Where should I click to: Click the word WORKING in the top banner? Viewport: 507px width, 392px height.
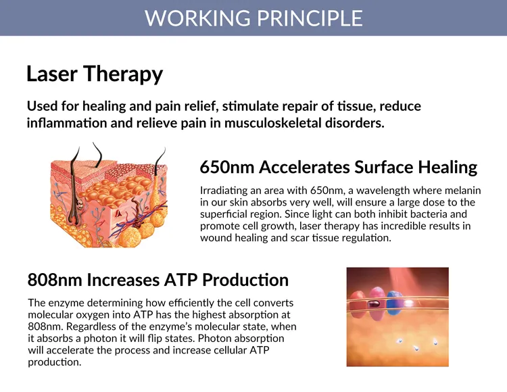pos(197,18)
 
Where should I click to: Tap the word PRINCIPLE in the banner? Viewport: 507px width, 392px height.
pos(310,18)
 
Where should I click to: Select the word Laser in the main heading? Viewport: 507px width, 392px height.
pos(52,74)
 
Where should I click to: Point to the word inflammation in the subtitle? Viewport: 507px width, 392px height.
pos(67,123)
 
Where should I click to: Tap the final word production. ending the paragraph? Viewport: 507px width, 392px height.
pos(55,362)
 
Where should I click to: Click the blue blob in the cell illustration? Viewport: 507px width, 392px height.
pos(395,303)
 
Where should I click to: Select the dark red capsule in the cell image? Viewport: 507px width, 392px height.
pos(375,304)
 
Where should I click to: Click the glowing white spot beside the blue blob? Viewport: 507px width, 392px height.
pos(409,303)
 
